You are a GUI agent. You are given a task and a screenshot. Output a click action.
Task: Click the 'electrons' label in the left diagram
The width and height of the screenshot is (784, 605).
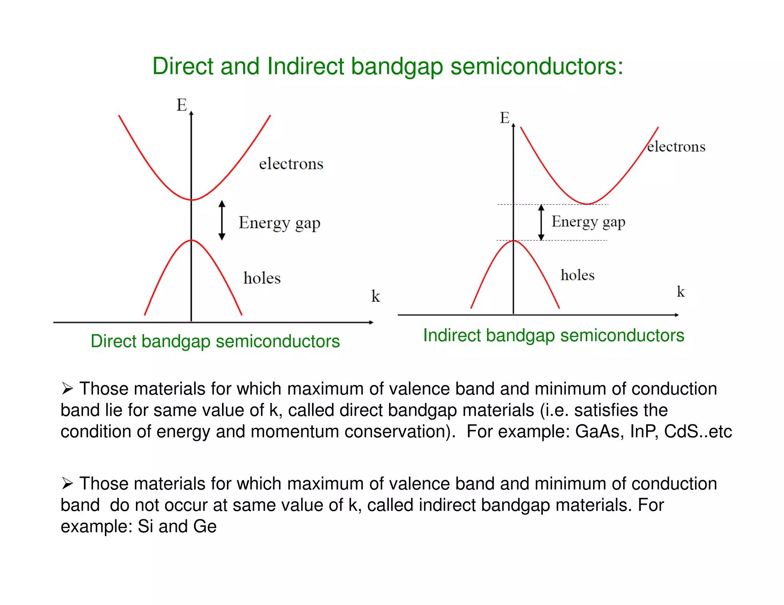tap(291, 164)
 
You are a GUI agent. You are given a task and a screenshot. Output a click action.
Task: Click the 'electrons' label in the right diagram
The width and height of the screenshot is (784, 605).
tap(676, 146)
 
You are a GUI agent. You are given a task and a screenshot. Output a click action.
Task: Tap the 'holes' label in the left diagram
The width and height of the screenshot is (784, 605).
tap(262, 278)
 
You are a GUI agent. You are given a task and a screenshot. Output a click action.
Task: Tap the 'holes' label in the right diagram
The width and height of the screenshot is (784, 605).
tap(577, 275)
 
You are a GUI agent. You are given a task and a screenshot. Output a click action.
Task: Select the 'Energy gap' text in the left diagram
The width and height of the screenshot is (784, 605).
tap(279, 223)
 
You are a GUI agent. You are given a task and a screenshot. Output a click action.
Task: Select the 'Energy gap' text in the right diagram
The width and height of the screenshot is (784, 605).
tap(588, 221)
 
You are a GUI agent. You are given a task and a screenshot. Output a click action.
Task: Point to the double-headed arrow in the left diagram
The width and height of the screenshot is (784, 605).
tap(222, 220)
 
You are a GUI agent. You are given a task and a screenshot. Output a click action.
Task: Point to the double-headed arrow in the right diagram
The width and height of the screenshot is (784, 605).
tap(541, 222)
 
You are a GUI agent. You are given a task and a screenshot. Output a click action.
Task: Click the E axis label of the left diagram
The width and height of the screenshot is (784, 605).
tap(181, 105)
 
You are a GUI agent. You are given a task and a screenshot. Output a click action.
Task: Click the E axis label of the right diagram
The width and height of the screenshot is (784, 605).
tap(505, 117)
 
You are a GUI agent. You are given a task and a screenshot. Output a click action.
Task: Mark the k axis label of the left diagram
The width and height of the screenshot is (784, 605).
tap(375, 296)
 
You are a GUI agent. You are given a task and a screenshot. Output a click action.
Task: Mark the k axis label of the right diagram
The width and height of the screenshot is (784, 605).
tap(680, 291)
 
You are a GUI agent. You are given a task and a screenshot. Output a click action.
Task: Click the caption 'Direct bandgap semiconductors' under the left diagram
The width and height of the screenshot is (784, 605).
tap(215, 341)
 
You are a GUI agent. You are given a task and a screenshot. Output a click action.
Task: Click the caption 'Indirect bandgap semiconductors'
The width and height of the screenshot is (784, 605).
tap(553, 335)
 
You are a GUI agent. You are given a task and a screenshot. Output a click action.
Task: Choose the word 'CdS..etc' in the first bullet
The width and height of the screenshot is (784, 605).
tap(697, 431)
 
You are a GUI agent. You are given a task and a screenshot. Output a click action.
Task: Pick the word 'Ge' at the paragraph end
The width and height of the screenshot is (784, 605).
tap(205, 526)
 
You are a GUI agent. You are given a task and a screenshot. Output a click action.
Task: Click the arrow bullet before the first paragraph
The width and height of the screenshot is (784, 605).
tap(67, 389)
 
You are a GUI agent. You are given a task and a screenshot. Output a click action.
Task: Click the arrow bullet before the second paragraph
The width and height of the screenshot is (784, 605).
tap(67, 483)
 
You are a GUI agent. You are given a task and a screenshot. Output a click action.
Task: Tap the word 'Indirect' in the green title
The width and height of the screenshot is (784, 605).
tap(305, 66)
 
